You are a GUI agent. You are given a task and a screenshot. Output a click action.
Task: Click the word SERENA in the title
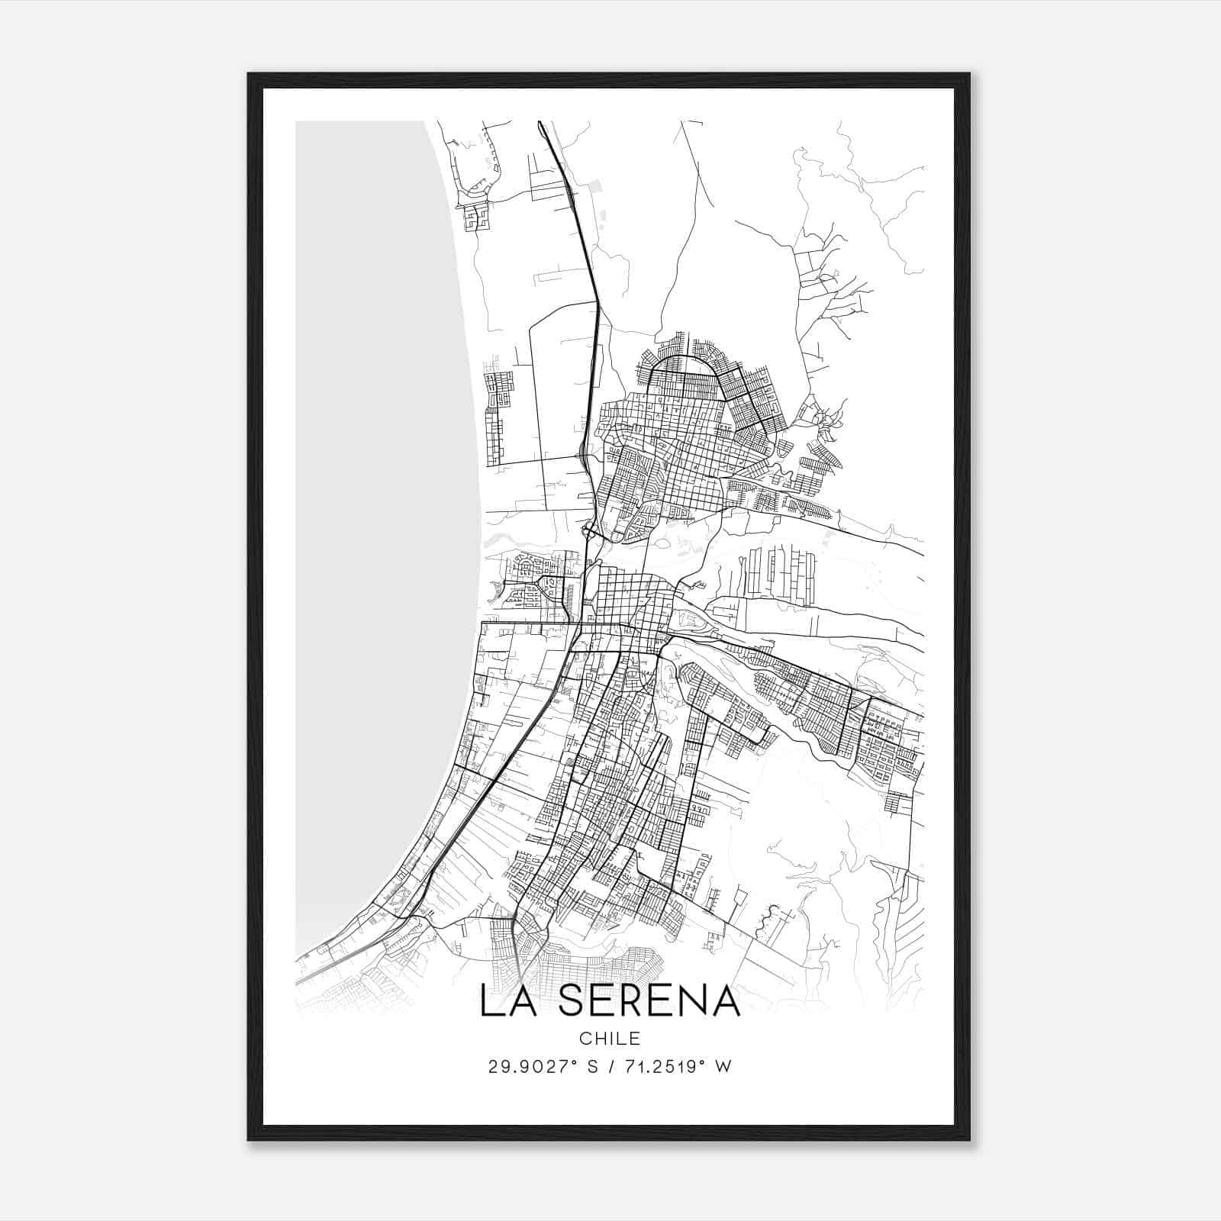[x=649, y=1000]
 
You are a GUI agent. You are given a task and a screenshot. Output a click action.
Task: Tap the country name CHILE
[x=610, y=1038]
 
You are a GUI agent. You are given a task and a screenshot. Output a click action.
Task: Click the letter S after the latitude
[x=591, y=1067]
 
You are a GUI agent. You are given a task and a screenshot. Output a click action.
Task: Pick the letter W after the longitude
[x=723, y=1067]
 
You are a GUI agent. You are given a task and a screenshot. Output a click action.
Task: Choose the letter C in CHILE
[x=585, y=1038]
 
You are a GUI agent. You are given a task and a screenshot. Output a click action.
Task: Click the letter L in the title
[x=492, y=1000]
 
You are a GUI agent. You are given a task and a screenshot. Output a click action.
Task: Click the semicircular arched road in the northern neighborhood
[x=684, y=359]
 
